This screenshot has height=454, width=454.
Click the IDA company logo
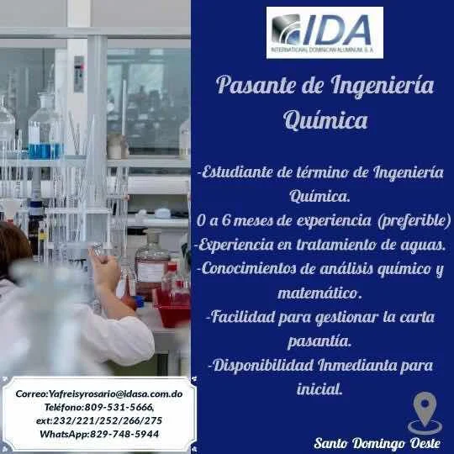[x=325, y=33]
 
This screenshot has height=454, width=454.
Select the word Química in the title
[x=325, y=120]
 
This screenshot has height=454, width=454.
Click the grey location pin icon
[x=425, y=414]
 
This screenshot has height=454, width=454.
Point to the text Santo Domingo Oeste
[x=377, y=443]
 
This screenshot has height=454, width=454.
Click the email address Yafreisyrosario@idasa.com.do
[x=115, y=393]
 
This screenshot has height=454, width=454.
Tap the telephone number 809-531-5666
[x=119, y=407]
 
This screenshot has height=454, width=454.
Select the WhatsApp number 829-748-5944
[x=124, y=434]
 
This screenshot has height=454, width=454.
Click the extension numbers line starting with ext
[x=99, y=420]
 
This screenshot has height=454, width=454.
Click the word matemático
[x=319, y=293]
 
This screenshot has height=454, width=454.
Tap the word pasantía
[x=319, y=341]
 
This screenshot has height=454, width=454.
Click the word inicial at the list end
[x=319, y=389]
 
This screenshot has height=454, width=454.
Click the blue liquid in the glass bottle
[x=45, y=150]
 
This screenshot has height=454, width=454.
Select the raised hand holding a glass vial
[x=104, y=268]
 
